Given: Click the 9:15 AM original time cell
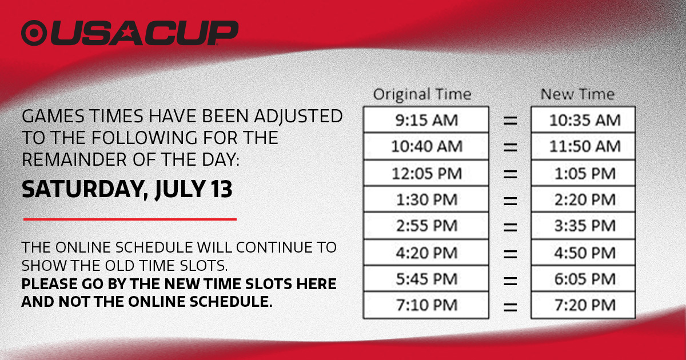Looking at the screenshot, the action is coord(426,119).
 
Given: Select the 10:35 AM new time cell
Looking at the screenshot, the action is coord(583,119).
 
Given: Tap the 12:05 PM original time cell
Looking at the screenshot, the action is coord(426,173).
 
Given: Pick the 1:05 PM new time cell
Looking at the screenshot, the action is coord(583,173).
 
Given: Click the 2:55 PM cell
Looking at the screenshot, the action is coord(426,226).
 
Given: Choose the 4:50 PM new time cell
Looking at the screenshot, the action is coord(583,253).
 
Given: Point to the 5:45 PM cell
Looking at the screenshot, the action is coord(426,279).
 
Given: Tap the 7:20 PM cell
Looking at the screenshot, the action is coord(583,305).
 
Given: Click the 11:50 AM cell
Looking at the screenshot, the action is coord(583,146).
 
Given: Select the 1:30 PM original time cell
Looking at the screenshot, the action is coord(426,199).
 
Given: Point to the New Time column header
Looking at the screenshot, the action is coord(577,94).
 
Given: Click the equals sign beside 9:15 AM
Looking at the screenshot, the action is coord(510,121).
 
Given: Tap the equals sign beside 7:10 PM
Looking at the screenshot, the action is coord(510,307).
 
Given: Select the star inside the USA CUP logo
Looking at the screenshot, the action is coord(127,31).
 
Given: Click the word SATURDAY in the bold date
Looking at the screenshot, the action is coord(83,190).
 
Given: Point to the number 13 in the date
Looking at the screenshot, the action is coord(221,189).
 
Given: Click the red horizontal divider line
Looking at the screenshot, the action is coord(130,219).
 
